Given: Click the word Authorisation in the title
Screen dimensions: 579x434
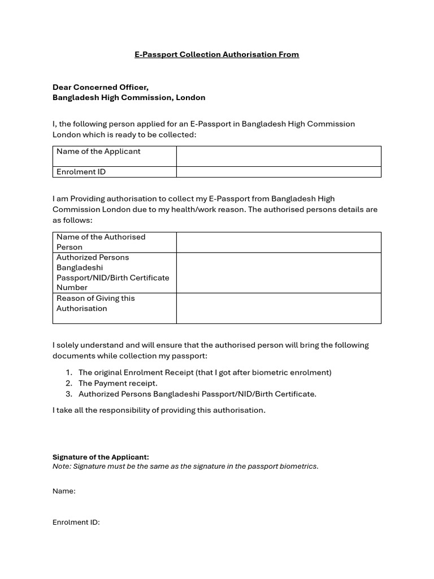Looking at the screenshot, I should click(x=248, y=54).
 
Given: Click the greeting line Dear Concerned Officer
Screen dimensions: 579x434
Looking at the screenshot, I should click(x=101, y=87).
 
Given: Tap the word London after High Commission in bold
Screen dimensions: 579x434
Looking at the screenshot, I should click(x=190, y=97).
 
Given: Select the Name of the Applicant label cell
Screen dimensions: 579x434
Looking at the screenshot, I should click(x=98, y=152).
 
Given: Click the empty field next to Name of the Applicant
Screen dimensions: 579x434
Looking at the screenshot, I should click(x=279, y=156).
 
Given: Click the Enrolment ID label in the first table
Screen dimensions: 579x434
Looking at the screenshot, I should click(x=81, y=172).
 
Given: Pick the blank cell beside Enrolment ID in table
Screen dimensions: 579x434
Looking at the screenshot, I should click(x=279, y=172).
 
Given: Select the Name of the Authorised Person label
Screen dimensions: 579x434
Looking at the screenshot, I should click(x=101, y=242).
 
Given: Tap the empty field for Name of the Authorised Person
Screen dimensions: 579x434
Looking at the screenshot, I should click(x=279, y=242).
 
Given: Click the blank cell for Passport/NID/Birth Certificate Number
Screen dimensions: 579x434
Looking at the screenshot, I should click(x=279, y=273).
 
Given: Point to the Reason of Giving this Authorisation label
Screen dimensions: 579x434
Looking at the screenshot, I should click(x=96, y=303).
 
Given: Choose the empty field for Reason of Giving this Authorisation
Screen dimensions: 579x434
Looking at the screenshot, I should click(x=279, y=308).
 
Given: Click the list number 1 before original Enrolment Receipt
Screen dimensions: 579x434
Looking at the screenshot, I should click(x=69, y=373).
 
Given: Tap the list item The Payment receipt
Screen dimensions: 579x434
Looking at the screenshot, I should click(x=118, y=383).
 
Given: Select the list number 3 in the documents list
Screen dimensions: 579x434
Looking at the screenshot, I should click(x=69, y=394).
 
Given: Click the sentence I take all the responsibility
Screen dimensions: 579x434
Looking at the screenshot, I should click(x=159, y=410).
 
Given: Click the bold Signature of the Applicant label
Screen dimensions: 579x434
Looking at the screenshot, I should click(x=101, y=457).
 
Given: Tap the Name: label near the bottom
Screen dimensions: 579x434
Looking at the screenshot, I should click(x=64, y=491).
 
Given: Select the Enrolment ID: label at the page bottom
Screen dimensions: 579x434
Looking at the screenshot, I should click(x=76, y=522).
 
